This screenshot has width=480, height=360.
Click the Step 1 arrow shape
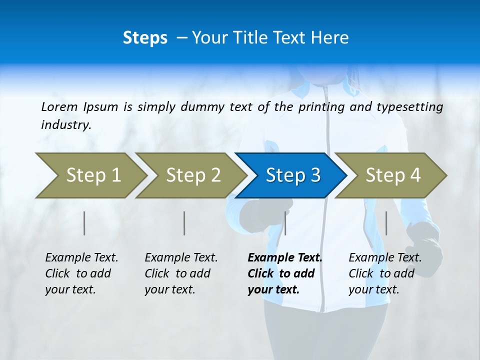(93, 175)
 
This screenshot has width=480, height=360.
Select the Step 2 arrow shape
(193, 175)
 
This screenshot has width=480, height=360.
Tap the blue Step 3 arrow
(292, 175)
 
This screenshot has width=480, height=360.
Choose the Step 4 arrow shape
(392, 175)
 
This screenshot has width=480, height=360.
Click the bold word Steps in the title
(145, 38)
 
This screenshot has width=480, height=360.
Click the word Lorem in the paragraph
(59, 106)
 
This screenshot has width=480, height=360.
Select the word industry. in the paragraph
(66, 124)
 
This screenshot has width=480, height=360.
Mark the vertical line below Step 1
(84, 223)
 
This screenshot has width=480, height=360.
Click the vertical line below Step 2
(184, 223)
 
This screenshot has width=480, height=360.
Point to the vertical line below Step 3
(285, 223)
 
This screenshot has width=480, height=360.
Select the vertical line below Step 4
(386, 223)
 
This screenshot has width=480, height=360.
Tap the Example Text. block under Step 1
(81, 273)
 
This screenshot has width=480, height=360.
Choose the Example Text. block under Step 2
(181, 273)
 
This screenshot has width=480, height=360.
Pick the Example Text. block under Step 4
(385, 273)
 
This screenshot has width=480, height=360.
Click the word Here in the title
(330, 38)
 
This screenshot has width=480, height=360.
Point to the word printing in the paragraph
(322, 106)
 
